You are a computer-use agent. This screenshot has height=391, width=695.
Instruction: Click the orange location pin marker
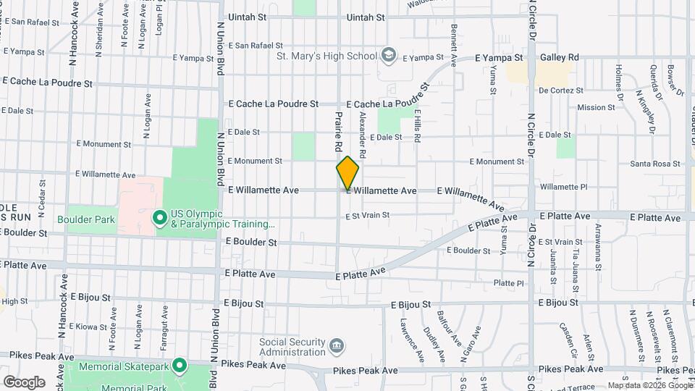(x=347, y=172)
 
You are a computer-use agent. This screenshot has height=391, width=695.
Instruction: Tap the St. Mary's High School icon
(x=389, y=56)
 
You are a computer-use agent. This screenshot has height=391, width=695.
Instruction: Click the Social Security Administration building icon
(x=336, y=347)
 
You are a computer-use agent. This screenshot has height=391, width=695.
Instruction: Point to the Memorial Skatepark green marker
(x=179, y=366)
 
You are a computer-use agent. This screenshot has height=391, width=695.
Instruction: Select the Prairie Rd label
(x=338, y=131)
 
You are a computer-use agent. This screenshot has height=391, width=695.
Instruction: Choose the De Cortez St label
(x=561, y=91)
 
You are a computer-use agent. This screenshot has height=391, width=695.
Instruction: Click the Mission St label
(x=596, y=107)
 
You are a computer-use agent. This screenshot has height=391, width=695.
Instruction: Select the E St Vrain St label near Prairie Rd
(x=367, y=215)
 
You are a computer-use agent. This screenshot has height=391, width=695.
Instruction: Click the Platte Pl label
(x=508, y=283)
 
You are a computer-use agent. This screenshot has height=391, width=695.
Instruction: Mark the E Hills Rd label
(x=418, y=128)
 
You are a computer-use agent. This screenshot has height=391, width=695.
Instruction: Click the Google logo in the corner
(x=24, y=382)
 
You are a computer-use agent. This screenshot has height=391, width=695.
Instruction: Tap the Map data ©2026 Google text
(x=649, y=385)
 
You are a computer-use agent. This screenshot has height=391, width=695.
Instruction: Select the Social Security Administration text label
(x=292, y=347)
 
